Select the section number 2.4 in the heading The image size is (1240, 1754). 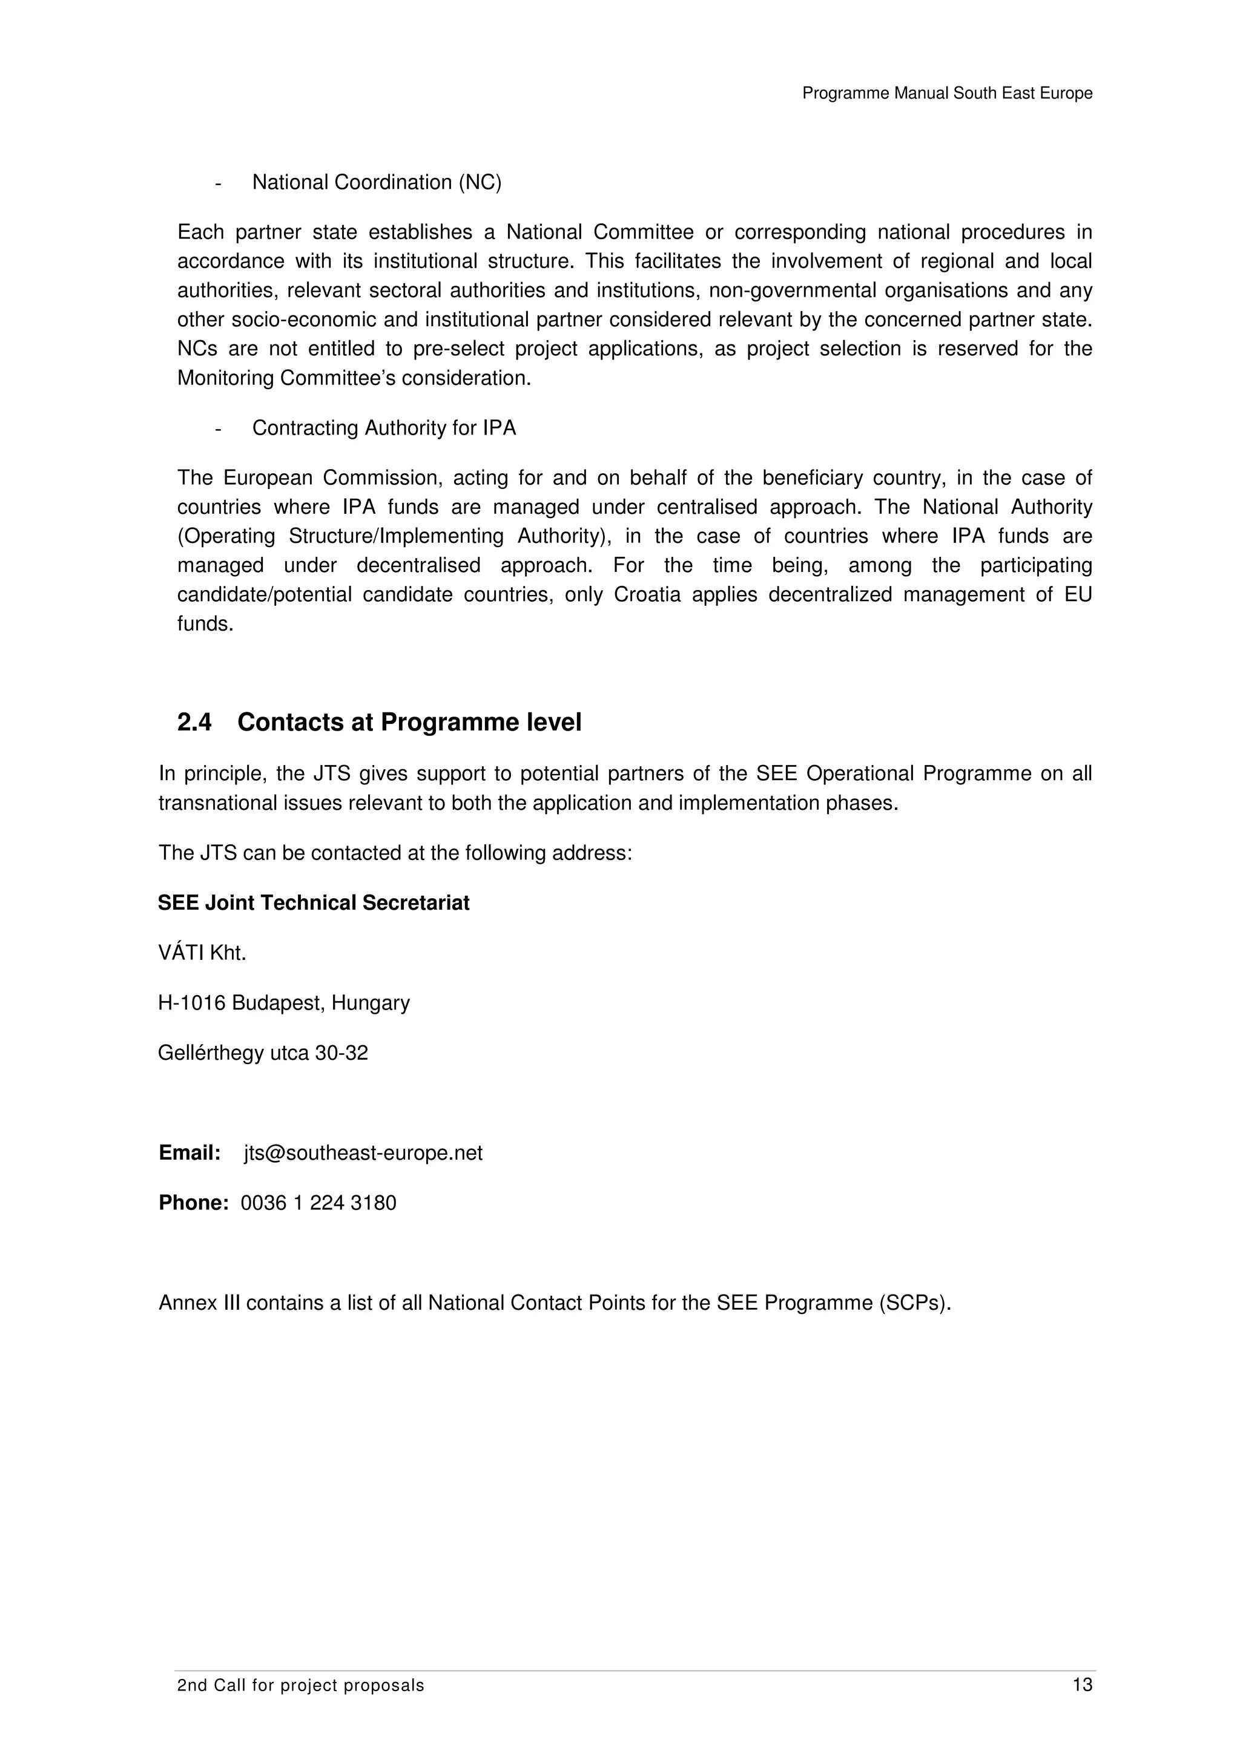(194, 722)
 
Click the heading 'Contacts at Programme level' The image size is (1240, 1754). (409, 722)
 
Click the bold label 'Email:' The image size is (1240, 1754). (190, 1153)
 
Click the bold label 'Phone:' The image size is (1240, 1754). (193, 1203)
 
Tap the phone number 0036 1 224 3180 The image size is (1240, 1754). (318, 1203)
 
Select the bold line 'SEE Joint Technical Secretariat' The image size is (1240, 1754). (313, 903)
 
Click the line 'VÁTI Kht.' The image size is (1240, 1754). (202, 953)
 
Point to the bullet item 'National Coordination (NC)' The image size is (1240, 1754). (377, 183)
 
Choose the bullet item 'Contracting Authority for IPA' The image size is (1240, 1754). (383, 428)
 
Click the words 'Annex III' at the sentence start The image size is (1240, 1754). (199, 1302)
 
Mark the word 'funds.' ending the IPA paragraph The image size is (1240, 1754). (205, 624)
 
